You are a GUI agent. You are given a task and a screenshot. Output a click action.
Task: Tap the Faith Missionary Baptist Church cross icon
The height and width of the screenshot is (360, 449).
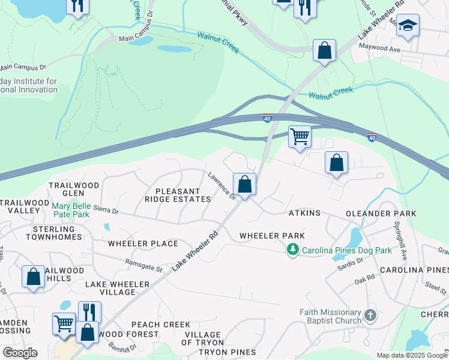coord(371,314)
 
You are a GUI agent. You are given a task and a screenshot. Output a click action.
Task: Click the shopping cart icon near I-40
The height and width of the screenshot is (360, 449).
coord(299,136)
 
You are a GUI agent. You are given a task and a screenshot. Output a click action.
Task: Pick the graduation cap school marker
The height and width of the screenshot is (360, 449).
coord(408,26)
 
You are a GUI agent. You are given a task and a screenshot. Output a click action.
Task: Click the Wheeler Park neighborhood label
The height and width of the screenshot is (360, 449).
coord(272,236)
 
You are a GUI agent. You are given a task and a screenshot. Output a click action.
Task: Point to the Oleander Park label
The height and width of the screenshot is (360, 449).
coord(387,214)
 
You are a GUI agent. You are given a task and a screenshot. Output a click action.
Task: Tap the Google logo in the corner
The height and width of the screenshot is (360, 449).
coord(19,353)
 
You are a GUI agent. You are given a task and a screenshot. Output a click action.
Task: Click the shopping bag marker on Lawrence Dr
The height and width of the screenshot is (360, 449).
coord(244,184)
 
